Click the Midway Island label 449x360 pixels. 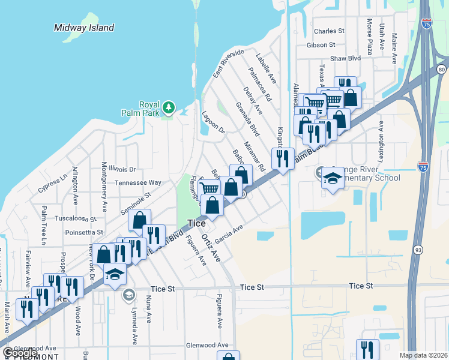[84, 28]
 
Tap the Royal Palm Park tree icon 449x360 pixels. [170, 107]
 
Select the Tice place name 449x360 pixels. [197, 223]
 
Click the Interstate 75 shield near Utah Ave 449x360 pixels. [426, 23]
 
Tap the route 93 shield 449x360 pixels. [417, 247]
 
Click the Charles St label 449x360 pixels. [329, 31]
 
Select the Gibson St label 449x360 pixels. [321, 45]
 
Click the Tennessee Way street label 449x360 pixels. [138, 182]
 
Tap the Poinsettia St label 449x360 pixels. [84, 232]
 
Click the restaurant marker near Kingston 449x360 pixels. [283, 159]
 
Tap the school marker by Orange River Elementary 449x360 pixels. [333, 178]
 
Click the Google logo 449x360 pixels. [20, 353]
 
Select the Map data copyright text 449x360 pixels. [424, 355]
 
